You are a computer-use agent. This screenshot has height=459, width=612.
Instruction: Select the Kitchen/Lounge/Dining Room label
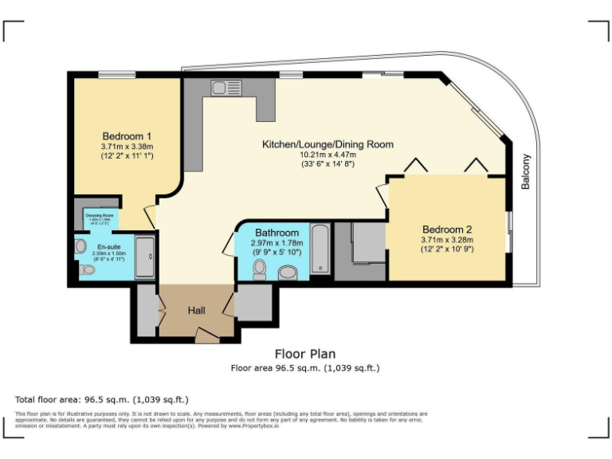[328, 144]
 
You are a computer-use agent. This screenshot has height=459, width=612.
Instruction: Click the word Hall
[198, 310]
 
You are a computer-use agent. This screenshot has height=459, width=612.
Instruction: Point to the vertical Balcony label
[525, 171]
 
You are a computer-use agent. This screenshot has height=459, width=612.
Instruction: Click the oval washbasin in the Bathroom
[288, 273]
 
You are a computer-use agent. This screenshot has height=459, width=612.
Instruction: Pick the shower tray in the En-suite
[146, 257]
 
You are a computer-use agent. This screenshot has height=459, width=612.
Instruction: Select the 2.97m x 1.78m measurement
[277, 242]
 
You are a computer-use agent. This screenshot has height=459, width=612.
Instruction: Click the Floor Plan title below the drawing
[305, 354]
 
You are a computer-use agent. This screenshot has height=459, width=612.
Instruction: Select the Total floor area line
[102, 399]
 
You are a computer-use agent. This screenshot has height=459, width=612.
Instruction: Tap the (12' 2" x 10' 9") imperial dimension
[446, 249]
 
